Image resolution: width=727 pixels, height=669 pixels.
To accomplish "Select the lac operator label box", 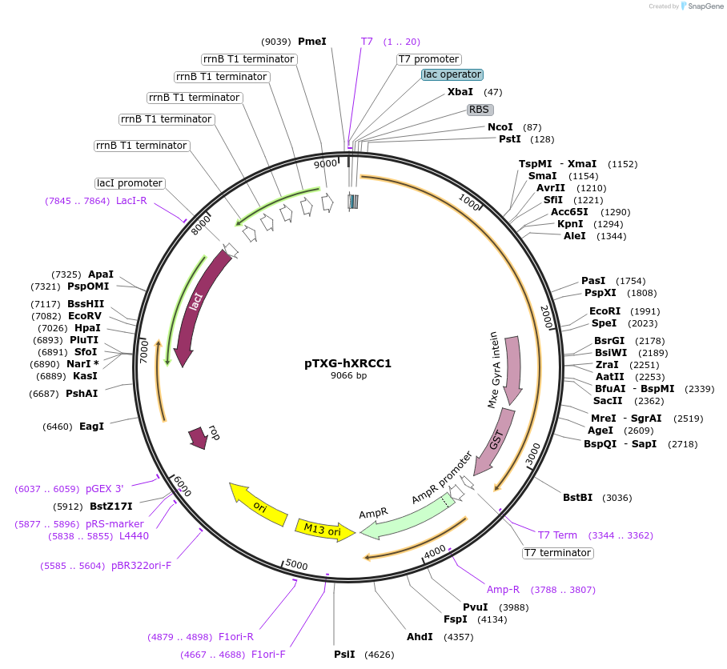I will pyautogui.click(x=452, y=74).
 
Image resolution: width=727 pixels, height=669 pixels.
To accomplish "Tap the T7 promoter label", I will pyautogui.click(x=429, y=59).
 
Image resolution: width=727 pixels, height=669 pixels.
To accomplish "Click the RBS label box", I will pyautogui.click(x=480, y=110).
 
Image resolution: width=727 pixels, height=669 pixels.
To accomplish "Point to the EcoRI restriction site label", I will pyautogui.click(x=604, y=311).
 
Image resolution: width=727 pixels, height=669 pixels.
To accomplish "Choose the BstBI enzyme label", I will pyautogui.click(x=577, y=498).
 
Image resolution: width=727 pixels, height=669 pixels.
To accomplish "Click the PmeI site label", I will pyautogui.click(x=311, y=42).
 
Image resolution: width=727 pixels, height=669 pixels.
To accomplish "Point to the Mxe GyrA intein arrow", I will pyautogui.click(x=511, y=364).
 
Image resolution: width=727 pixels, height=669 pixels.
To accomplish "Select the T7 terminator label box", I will pyautogui.click(x=557, y=553).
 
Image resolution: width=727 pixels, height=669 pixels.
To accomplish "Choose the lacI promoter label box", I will pyautogui.click(x=129, y=183).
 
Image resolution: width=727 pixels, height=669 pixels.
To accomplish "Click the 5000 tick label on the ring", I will pyautogui.click(x=296, y=565).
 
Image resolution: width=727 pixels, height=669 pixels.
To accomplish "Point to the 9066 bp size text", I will pyautogui.click(x=348, y=375).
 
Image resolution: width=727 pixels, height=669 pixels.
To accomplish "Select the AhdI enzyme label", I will pyautogui.click(x=420, y=637).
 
